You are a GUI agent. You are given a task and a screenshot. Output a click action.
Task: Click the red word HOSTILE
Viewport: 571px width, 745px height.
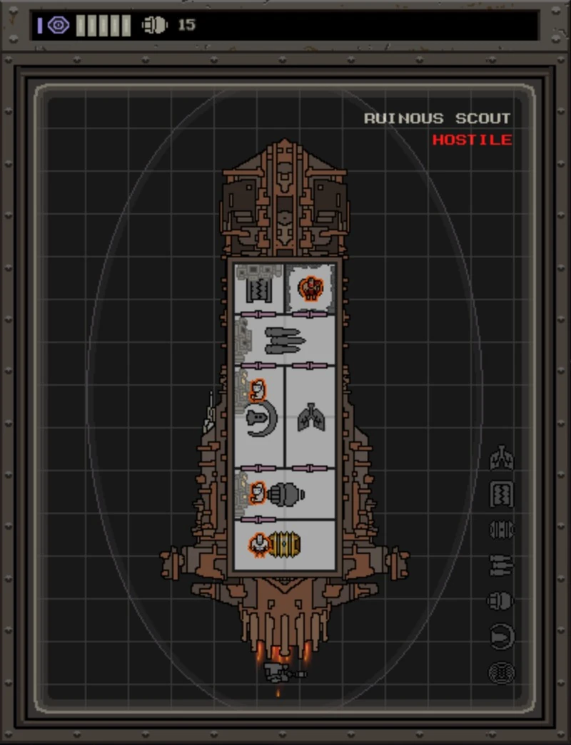[472, 140]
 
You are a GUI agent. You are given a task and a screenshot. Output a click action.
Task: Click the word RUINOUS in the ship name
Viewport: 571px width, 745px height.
[403, 118]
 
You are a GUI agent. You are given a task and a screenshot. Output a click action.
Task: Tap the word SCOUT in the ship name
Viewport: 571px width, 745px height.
[483, 118]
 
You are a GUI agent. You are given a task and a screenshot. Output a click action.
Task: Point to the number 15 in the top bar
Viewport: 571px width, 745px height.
[186, 26]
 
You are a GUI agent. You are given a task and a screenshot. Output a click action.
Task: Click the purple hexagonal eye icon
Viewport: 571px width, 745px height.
[59, 26]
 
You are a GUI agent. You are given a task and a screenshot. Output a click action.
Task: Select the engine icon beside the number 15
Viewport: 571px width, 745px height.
[154, 26]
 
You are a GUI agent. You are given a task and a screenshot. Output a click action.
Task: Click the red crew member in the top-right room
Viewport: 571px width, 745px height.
[310, 288]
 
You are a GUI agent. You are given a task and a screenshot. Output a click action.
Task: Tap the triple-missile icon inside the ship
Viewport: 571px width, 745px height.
[284, 341]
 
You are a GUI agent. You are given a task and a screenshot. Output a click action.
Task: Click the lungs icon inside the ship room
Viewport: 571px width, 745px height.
[311, 418]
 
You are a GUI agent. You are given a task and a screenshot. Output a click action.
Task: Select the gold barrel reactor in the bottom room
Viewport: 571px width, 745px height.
[285, 545]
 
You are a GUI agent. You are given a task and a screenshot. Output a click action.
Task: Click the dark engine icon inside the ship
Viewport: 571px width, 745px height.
[287, 493]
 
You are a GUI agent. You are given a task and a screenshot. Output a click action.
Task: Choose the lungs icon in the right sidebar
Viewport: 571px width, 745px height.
[502, 458]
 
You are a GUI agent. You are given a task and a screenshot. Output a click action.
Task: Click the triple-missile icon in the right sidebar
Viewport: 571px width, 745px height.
[502, 565]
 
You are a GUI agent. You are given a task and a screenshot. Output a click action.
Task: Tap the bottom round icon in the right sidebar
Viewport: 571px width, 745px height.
[502, 672]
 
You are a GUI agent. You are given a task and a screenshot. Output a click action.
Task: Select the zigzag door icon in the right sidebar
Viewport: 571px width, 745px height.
[502, 494]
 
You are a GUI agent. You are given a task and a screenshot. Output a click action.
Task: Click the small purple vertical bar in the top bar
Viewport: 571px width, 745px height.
[40, 26]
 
